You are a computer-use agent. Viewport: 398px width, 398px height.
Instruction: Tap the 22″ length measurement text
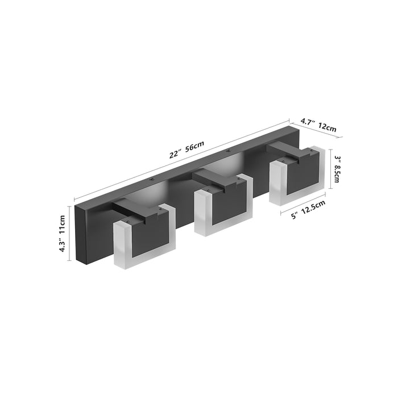[x=175, y=154]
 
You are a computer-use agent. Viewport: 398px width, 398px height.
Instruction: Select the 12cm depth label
[x=327, y=128]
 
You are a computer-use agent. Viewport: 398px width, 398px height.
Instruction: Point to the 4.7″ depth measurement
[x=308, y=121]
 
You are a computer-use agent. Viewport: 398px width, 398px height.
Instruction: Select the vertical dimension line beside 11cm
[x=71, y=234]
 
